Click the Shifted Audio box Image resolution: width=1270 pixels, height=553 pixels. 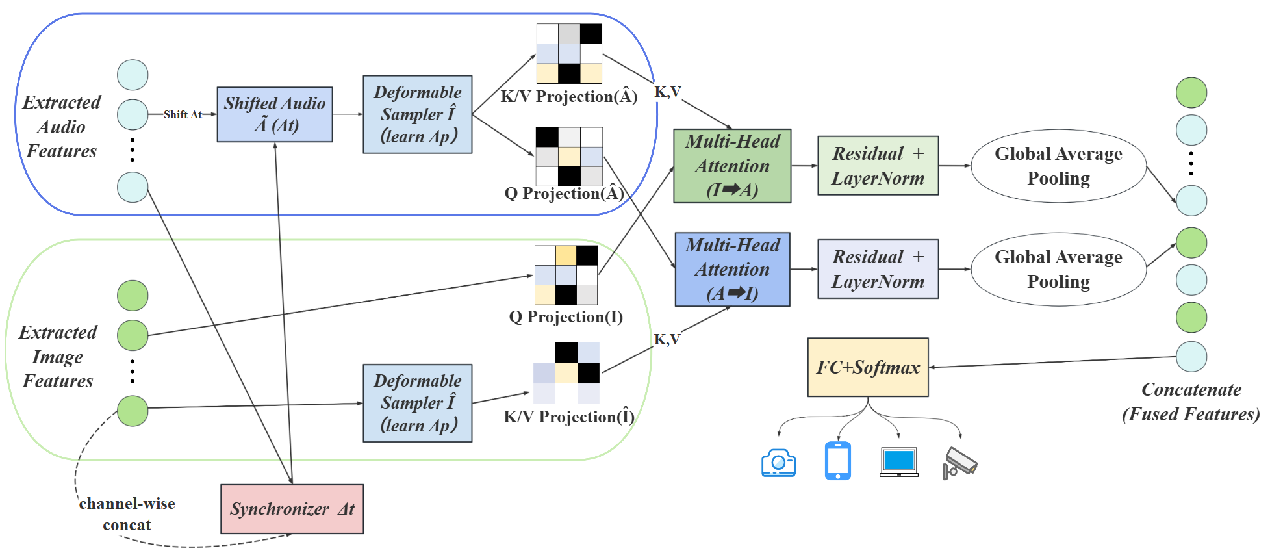point(274,114)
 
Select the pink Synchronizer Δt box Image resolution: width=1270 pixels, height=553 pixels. point(292,509)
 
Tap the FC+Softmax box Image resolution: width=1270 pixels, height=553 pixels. point(867,367)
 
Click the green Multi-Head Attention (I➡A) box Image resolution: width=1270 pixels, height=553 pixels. point(732,166)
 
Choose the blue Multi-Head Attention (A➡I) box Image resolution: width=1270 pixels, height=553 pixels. point(732,269)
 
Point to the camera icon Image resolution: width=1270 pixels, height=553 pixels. point(778,463)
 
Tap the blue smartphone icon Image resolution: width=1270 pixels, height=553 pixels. point(837,461)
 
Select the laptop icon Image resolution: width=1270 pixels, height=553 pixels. point(898,462)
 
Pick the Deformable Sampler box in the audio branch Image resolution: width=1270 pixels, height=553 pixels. point(417,114)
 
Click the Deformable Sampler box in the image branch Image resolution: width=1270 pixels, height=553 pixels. point(417,403)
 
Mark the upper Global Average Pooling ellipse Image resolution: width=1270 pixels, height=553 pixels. point(1058,166)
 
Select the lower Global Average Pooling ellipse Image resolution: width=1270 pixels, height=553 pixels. point(1058,269)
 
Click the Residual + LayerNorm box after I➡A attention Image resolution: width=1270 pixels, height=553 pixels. point(878,166)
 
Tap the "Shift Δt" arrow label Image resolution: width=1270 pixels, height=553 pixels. point(183,114)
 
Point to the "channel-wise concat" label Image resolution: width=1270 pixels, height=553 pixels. point(127,514)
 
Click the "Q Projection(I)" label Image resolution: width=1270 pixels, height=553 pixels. point(565,317)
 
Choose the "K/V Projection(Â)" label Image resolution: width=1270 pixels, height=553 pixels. point(568,97)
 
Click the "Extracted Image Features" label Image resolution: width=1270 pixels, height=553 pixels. point(58,356)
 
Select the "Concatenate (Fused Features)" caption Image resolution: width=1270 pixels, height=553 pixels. point(1191,402)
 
